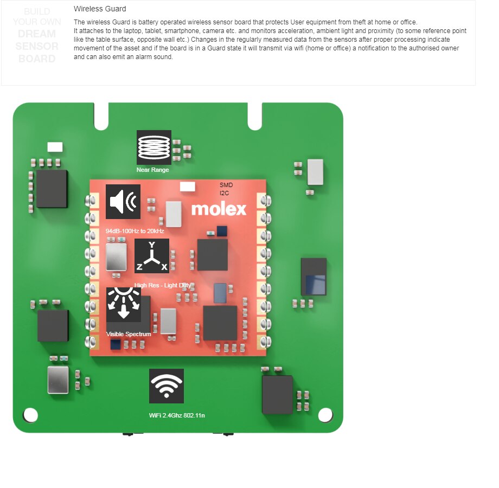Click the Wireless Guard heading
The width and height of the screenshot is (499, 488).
[100, 9]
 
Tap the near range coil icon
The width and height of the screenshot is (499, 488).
[153, 147]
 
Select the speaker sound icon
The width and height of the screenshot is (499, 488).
[123, 202]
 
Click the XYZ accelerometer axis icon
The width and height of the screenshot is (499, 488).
[152, 256]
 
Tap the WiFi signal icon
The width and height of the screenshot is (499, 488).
[167, 386]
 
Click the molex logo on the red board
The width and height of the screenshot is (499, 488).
[219, 209]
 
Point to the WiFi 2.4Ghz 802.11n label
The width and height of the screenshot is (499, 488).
[177, 415]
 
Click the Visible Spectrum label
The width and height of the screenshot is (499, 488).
[129, 334]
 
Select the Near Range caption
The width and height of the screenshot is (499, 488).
[152, 170]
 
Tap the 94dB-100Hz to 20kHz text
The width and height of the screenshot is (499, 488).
[135, 231]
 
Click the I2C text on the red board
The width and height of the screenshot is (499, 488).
[225, 192]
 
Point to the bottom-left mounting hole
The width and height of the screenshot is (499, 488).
[31, 415]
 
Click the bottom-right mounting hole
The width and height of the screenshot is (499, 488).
[325, 415]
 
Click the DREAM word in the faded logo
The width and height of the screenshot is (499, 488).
[37, 34]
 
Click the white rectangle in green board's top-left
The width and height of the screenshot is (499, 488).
[55, 147]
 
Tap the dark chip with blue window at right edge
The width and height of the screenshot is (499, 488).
[314, 277]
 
